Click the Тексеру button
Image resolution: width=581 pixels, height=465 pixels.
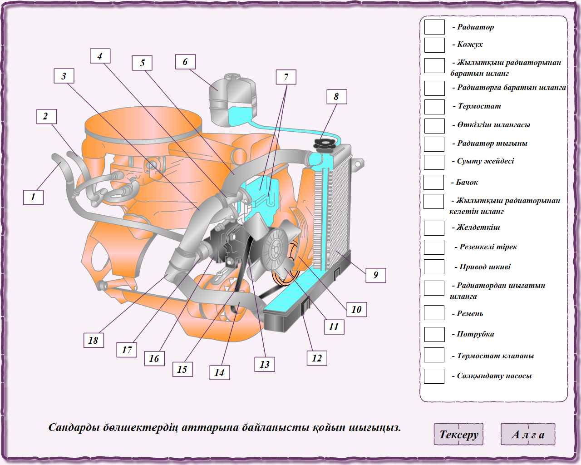point(458,434)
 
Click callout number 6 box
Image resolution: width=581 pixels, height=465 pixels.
point(185,62)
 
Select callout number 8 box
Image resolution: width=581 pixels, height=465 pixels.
point(336,97)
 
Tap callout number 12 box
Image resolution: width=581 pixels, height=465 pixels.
point(317,358)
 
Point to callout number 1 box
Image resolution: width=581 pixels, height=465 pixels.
point(33,197)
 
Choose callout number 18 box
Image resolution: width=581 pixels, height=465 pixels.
point(94,340)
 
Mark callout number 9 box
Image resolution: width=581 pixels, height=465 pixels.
point(376,275)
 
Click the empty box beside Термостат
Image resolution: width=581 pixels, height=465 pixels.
point(434,107)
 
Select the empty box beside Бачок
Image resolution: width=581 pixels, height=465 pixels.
point(433,182)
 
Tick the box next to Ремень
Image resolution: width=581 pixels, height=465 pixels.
point(434,313)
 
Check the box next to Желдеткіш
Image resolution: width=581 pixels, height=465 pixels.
point(434,228)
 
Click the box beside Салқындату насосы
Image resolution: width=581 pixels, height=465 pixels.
point(434,376)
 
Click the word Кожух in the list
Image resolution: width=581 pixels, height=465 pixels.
point(470,45)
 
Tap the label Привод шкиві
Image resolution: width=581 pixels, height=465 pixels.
point(485,267)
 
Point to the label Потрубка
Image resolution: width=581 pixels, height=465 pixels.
point(475,334)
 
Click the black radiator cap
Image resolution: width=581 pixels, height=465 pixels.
point(324,144)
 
